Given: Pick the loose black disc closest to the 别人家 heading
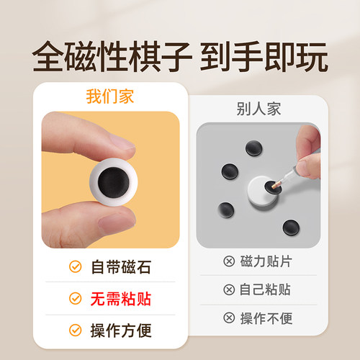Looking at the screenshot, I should click(253, 148).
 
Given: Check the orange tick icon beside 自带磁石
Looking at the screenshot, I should click(74, 267).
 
